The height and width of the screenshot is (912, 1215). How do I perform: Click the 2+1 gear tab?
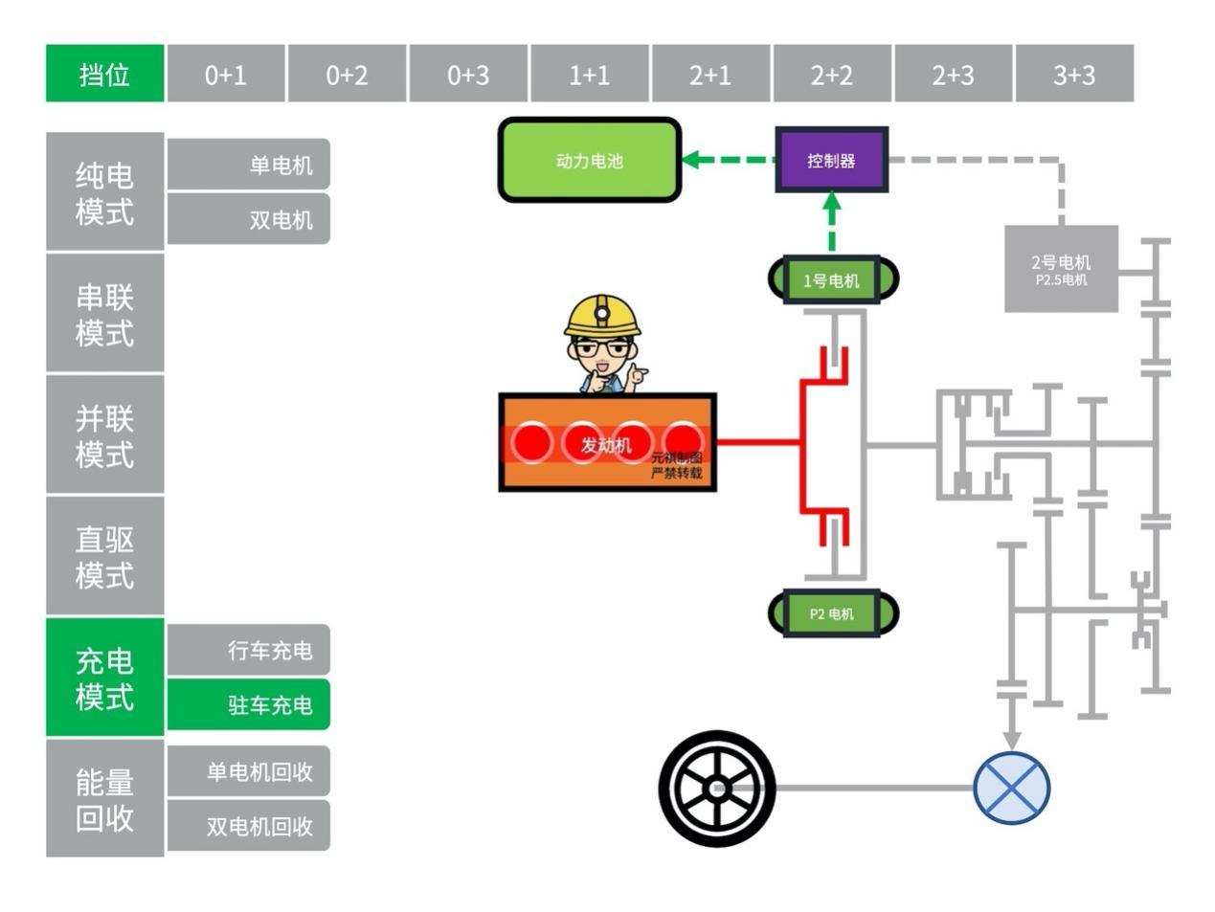(710, 74)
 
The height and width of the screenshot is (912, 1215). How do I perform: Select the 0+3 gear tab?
(468, 74)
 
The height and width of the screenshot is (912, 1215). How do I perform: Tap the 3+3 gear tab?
(1074, 74)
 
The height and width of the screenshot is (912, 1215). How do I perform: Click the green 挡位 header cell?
(105, 74)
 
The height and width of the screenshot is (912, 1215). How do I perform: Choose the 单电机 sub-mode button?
(249, 165)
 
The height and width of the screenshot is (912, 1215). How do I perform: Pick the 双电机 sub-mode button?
(249, 219)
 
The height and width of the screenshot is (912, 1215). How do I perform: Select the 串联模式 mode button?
(105, 314)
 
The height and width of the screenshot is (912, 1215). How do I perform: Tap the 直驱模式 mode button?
(105, 556)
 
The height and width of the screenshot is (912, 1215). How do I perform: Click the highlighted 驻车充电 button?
(249, 704)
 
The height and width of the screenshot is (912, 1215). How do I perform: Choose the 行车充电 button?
(249, 651)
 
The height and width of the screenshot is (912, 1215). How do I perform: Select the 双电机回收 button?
(249, 825)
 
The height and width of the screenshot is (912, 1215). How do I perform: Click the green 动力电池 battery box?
(589, 161)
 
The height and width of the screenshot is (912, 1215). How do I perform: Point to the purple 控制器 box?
(831, 160)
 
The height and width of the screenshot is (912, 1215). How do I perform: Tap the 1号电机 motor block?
(832, 280)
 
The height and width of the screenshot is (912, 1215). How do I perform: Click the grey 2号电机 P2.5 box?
(1061, 269)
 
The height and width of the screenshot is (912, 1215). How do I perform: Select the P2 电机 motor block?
(832, 613)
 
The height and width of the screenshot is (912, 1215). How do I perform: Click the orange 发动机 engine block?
(607, 443)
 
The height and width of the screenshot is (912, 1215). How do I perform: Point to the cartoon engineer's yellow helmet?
(602, 315)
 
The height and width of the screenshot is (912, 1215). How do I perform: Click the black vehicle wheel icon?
(717, 789)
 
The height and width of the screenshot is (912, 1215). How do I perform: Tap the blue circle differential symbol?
(1011, 789)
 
